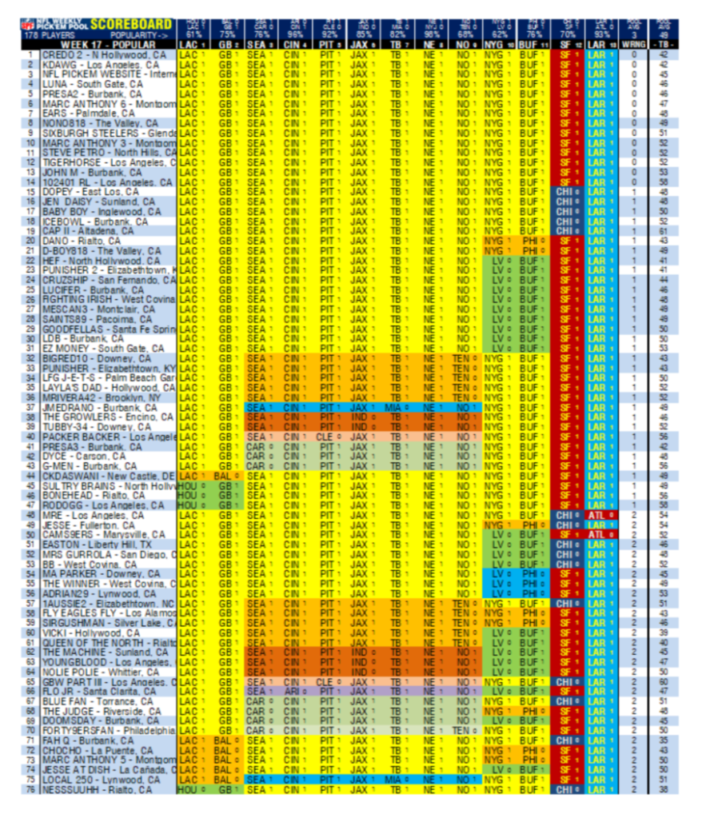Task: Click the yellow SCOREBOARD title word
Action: tap(131, 25)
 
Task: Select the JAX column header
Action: tap(359, 45)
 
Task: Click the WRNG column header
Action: tap(633, 45)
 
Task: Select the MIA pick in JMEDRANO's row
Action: tap(392, 406)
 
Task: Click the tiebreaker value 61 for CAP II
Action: tap(664, 230)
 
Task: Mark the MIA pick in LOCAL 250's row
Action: tap(392, 779)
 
